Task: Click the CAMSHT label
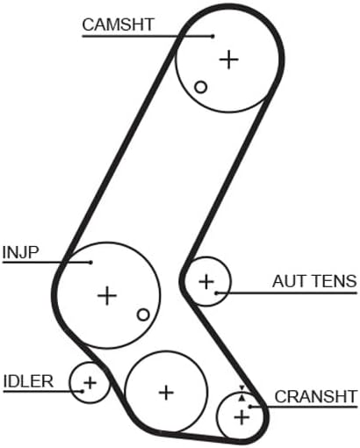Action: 118,25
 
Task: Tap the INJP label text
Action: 20,252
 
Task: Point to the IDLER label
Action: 28,381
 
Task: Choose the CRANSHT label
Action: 316,397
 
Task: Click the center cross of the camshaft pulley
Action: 229,60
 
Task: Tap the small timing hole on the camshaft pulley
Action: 201,87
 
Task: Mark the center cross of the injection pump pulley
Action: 107,295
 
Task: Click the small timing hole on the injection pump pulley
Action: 143,314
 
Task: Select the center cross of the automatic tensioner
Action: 206,282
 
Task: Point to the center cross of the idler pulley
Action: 90,382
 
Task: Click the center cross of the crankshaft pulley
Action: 241,416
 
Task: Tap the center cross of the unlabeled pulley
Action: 166,393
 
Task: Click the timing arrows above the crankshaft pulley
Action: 241,394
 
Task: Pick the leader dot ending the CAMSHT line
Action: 213,36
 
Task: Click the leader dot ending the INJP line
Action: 90,263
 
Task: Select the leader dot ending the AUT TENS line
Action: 216,293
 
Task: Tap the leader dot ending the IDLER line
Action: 83,391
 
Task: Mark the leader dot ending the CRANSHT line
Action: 250,407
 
